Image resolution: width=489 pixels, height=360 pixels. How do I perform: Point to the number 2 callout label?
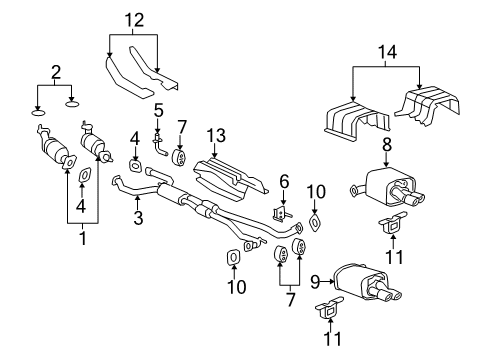[54, 73]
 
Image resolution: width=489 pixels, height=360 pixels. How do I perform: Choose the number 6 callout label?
[284, 180]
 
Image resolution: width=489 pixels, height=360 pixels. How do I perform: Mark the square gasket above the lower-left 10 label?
[234, 261]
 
